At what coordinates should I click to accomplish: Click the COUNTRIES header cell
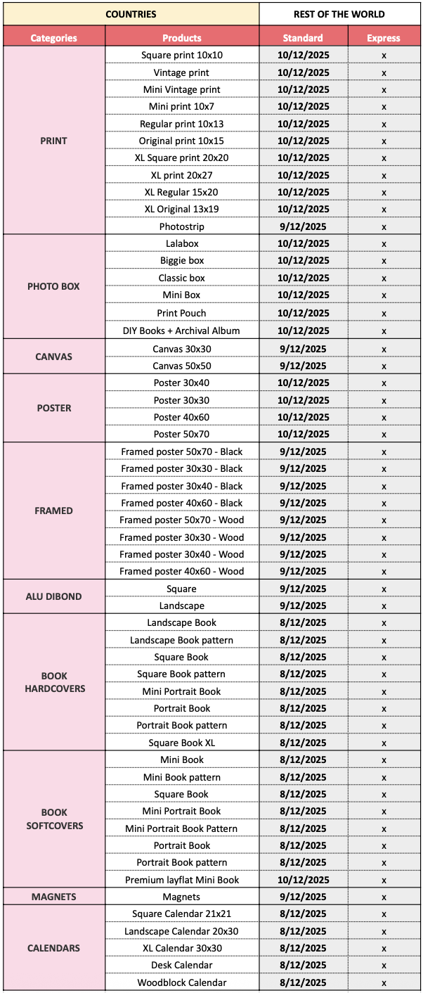[x=131, y=14]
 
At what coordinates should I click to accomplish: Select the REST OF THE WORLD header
[x=339, y=14]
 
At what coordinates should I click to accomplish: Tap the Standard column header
[x=303, y=38]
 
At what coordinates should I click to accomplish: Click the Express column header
[x=384, y=38]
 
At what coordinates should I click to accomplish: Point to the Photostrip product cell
[x=182, y=226]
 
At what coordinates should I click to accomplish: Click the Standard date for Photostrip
[x=303, y=226]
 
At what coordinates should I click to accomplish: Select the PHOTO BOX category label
[x=53, y=287]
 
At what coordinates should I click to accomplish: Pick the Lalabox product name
[x=182, y=243]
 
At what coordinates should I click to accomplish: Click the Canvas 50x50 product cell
[x=182, y=366]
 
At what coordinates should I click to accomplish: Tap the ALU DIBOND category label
[x=53, y=596]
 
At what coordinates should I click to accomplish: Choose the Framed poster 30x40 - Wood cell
[x=182, y=554]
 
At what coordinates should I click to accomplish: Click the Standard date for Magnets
[x=303, y=897]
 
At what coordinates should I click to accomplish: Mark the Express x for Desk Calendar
[x=384, y=965]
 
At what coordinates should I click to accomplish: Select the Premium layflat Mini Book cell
[x=182, y=880]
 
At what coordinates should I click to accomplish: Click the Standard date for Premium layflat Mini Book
[x=303, y=880]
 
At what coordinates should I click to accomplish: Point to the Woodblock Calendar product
[x=182, y=982]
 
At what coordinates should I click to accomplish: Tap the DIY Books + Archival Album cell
[x=182, y=331]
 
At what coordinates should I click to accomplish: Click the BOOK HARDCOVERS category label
[x=53, y=682]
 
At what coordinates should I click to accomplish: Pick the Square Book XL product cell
[x=182, y=743]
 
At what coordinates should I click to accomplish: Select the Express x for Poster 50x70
[x=384, y=434]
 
